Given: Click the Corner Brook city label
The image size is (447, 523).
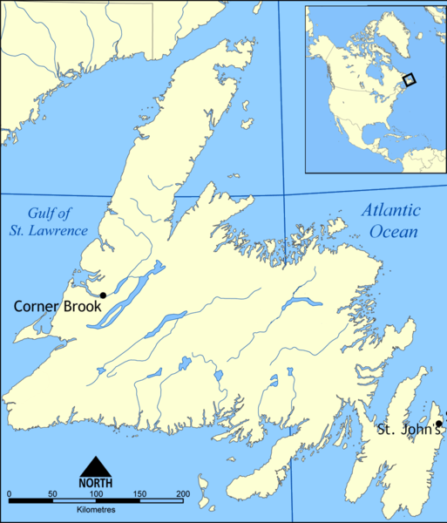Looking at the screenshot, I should (57, 307).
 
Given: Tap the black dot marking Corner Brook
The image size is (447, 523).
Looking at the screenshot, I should (103, 295).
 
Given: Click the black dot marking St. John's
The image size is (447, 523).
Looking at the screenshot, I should (439, 424).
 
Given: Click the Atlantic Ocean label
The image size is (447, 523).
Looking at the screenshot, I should (389, 221).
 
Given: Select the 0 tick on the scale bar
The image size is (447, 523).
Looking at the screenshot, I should (9, 495).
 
